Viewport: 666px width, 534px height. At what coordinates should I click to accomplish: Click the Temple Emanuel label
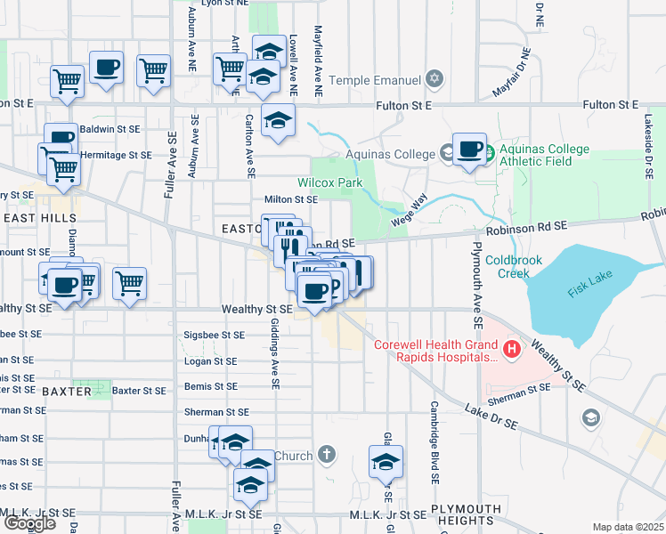tap(374, 81)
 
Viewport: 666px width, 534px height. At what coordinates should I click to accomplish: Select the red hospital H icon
tap(512, 350)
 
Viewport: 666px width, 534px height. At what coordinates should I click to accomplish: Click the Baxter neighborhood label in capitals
tap(66, 391)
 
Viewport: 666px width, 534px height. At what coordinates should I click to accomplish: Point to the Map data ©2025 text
tap(628, 527)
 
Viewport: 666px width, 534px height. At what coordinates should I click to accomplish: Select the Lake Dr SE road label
tap(492, 418)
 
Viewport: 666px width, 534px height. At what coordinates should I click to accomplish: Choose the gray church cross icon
tap(327, 456)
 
